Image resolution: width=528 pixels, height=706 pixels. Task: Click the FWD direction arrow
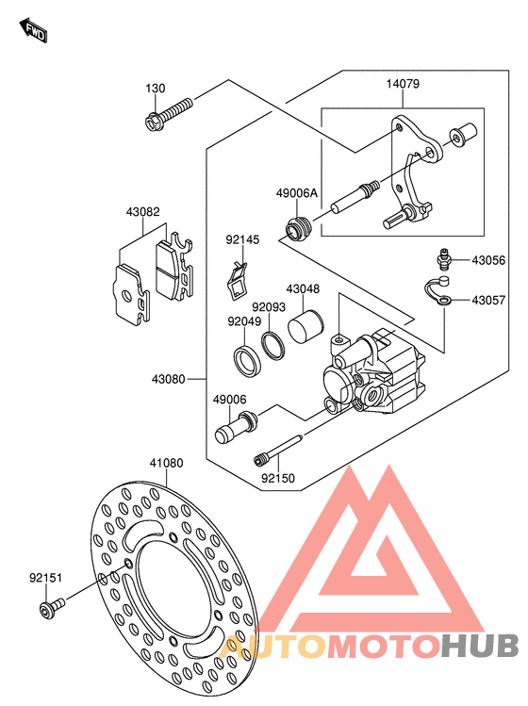click(33, 30)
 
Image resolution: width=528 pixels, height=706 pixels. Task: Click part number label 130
click(156, 89)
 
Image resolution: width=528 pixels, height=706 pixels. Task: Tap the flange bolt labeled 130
click(169, 114)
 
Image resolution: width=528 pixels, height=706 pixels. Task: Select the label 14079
click(403, 84)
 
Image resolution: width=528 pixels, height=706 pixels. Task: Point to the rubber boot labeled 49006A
click(298, 227)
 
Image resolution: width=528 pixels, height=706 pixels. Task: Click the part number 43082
click(142, 212)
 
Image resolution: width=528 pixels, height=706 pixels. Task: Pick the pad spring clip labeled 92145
click(237, 281)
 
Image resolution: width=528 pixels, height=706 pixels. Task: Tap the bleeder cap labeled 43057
click(437, 290)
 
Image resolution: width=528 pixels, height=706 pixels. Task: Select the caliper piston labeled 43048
click(305, 327)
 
